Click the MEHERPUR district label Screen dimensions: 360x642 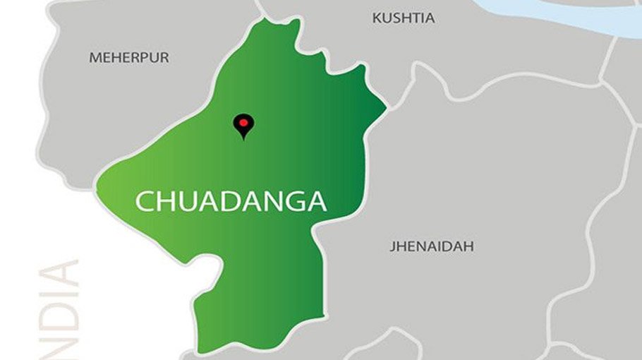[x=129, y=58]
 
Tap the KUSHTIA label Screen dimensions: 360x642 [x=404, y=18]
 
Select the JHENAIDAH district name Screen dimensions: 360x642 [x=431, y=246]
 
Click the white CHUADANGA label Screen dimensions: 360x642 [x=231, y=201]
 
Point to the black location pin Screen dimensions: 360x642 [x=243, y=125]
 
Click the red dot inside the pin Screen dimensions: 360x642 [x=243, y=122]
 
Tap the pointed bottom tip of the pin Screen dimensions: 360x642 [x=243, y=138]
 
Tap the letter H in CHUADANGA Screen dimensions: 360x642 [x=165, y=201]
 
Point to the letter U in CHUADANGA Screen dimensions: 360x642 [x=186, y=201]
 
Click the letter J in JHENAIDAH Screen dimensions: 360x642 [x=392, y=246]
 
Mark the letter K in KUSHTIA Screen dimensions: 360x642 [x=377, y=18]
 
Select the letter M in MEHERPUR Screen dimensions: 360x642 [x=95, y=58]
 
